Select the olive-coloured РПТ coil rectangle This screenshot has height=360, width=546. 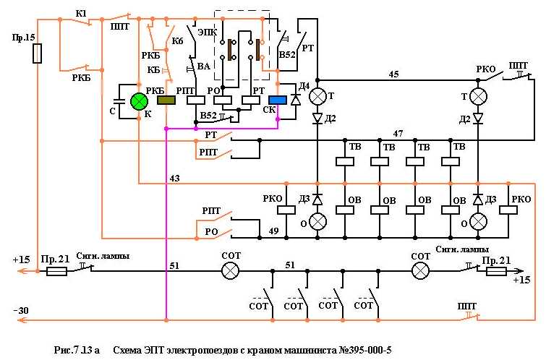[167, 101]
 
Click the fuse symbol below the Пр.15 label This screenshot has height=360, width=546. [38, 54]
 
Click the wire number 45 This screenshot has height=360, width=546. [393, 74]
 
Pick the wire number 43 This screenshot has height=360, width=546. [174, 178]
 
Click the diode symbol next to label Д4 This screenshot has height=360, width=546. [295, 100]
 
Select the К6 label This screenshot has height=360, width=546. [177, 42]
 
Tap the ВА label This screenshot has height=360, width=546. [203, 67]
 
